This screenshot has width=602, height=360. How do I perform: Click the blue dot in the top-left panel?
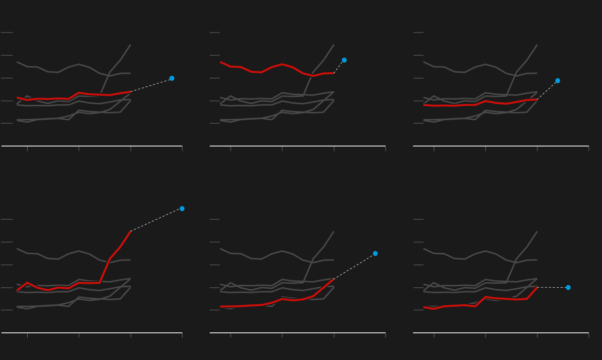172,78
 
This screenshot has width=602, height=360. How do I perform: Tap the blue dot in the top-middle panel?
344,60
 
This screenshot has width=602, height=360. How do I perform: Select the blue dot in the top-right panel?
558,81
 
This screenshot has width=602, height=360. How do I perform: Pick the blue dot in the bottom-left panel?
182,209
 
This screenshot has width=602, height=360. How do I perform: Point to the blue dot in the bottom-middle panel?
375,253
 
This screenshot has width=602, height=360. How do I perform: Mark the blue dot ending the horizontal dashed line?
568,287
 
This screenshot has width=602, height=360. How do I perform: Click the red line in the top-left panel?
58,98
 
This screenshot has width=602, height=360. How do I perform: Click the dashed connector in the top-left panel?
151,85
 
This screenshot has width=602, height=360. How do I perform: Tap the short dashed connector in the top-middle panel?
339,67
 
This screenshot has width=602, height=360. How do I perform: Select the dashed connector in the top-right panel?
548,90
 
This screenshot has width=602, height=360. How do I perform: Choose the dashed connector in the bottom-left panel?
156,220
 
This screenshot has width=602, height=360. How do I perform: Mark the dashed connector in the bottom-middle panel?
354,266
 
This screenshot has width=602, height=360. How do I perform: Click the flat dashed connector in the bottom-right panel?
552,287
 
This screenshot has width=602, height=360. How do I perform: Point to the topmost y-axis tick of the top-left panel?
7,33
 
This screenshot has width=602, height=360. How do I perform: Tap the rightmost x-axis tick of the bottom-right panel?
589,335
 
